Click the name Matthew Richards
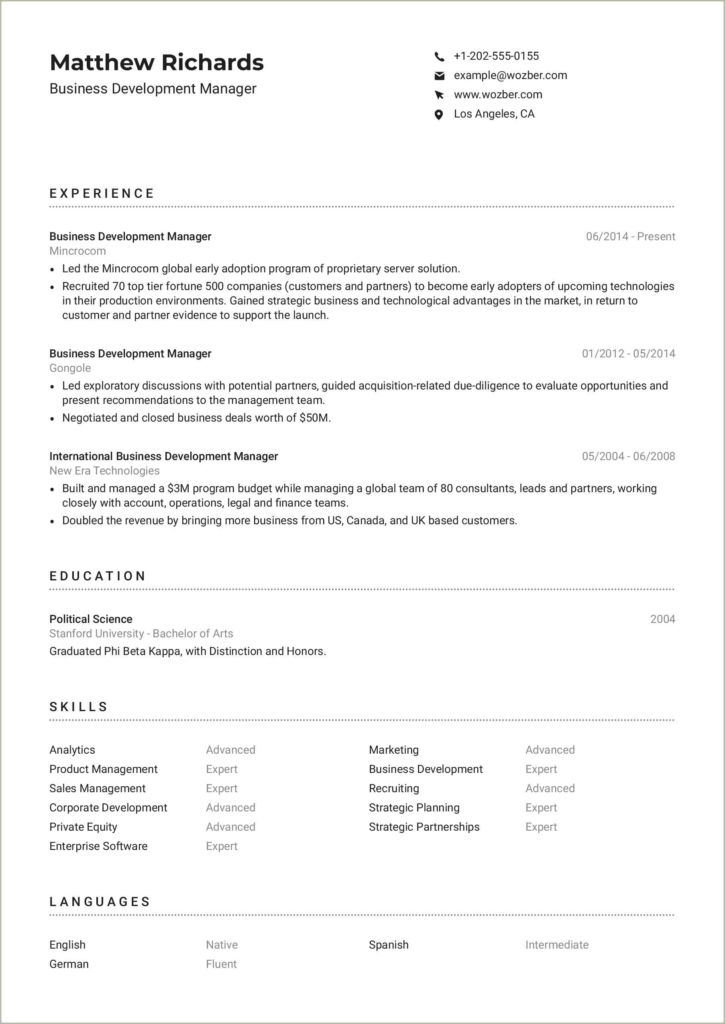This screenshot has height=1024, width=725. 157,63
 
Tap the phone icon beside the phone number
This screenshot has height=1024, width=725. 439,57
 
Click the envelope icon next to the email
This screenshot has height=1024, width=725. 439,76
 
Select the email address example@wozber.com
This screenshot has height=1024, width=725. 510,75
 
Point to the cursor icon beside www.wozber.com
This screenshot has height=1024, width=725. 439,95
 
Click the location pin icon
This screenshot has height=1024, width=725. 439,115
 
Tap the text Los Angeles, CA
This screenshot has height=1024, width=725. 494,114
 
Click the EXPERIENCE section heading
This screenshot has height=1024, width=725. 102,194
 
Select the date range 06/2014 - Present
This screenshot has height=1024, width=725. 630,236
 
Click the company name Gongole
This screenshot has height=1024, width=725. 70,368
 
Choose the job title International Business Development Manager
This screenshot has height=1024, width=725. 163,456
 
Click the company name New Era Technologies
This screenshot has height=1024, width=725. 104,470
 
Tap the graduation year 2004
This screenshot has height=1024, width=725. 662,619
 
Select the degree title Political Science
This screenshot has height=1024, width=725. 91,619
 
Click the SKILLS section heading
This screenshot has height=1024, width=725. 79,707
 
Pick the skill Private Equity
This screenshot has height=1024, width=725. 83,827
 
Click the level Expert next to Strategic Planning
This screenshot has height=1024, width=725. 541,808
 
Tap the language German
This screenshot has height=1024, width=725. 69,964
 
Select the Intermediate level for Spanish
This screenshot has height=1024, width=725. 557,945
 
